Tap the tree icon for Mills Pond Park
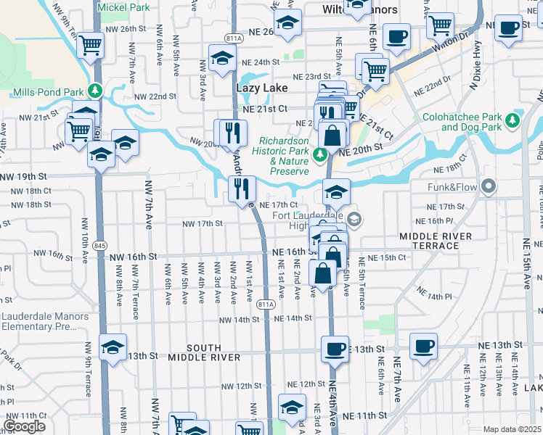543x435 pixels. pyautogui.click(x=93, y=91)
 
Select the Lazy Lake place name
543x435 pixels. pyautogui.click(x=262, y=88)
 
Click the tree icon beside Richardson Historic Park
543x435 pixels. pyautogui.click(x=319, y=154)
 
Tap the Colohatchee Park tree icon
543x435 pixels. pyautogui.click(x=513, y=120)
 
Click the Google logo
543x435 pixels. pyautogui.click(x=24, y=426)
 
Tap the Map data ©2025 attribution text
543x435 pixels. pyautogui.click(x=512, y=429)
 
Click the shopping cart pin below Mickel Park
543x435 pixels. pyautogui.click(x=91, y=45)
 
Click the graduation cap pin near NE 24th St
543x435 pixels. pyautogui.click(x=222, y=57)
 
